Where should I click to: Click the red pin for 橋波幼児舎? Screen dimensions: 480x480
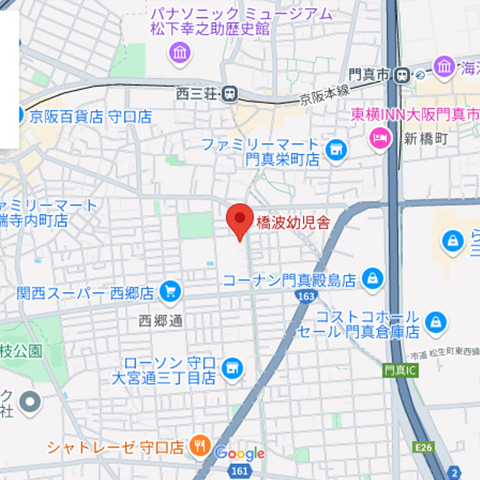pyautogui.click(x=240, y=219)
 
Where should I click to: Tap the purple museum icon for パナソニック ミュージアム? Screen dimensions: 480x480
pyautogui.click(x=180, y=52)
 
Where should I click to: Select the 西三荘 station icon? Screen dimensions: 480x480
pyautogui.click(x=228, y=95)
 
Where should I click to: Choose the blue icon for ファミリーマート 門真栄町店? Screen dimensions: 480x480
pyautogui.click(x=334, y=151)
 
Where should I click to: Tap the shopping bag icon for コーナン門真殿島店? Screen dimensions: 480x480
pyautogui.click(x=372, y=278)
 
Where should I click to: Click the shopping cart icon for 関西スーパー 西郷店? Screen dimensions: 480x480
pyautogui.click(x=170, y=292)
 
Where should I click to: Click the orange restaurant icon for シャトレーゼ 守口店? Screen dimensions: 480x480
pyautogui.click(x=200, y=445)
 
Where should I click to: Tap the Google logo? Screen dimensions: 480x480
pyautogui.click(x=239, y=454)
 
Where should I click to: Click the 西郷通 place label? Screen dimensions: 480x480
pyautogui.click(x=161, y=321)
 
